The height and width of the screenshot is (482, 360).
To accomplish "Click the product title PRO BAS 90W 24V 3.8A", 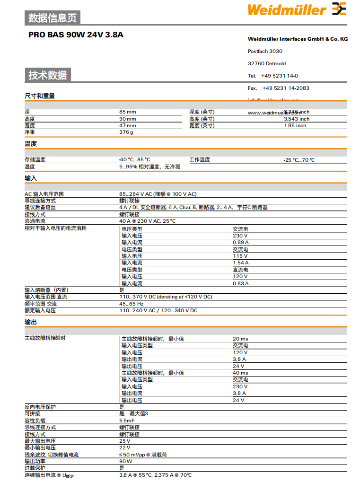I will (76, 35).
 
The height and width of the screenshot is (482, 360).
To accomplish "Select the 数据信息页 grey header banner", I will (53, 18).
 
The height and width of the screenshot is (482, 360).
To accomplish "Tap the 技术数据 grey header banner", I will (48, 75).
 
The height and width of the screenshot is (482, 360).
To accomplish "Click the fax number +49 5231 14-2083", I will (286, 88).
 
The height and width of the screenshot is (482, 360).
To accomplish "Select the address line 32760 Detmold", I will (267, 63).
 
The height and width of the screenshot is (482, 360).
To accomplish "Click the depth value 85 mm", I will (127, 112).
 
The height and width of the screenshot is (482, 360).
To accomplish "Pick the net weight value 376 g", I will (126, 132).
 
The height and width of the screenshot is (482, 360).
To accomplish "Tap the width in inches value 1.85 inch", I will (295, 126).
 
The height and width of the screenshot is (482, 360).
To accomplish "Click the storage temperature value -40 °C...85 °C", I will (134, 160).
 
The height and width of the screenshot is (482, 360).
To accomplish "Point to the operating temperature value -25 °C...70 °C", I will (299, 160).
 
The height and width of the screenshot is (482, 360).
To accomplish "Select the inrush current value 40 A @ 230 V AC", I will (147, 221).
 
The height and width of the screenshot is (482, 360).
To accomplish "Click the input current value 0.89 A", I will (240, 242).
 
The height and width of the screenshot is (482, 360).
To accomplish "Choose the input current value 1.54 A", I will (240, 263).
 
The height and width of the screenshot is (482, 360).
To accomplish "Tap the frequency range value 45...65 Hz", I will (131, 304).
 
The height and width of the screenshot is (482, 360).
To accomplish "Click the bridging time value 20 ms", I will (240, 339).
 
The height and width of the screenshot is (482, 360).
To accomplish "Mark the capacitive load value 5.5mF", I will (127, 421).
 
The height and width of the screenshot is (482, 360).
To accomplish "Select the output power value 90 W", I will (125, 461).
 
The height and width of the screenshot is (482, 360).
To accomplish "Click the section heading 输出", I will (30, 322).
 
